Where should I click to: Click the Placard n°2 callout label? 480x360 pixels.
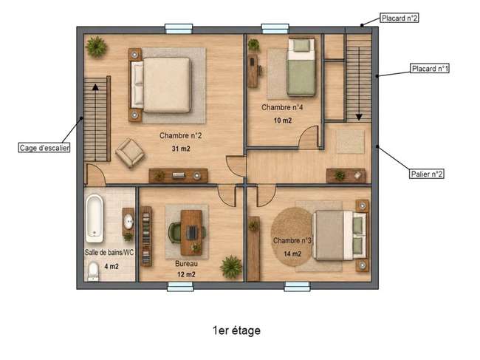click(x=400, y=18)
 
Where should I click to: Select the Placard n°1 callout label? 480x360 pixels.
click(x=430, y=68)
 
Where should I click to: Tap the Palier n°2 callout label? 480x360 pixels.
click(x=426, y=174)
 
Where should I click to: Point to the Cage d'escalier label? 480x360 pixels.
click(x=44, y=148)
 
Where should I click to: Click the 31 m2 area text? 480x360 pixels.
click(x=181, y=149)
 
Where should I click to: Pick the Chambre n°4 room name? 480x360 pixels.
click(x=282, y=107)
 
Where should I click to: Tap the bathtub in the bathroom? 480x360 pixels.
click(x=95, y=219)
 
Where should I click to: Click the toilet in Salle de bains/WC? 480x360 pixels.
click(x=93, y=272)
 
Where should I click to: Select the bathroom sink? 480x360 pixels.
click(x=128, y=221)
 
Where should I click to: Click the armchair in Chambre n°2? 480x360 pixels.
click(x=130, y=153)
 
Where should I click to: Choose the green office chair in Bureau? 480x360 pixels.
click(x=175, y=233)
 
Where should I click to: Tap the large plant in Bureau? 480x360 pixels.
click(x=231, y=267)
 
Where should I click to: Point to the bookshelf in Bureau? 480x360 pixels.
click(x=146, y=236)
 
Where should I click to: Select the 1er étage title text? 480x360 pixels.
click(x=236, y=330)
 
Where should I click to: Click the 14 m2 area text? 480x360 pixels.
click(x=292, y=254)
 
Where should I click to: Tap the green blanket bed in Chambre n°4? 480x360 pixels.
click(x=301, y=67)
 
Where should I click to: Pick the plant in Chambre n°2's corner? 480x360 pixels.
click(x=96, y=47)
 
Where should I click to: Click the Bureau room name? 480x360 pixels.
click(x=186, y=263)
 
